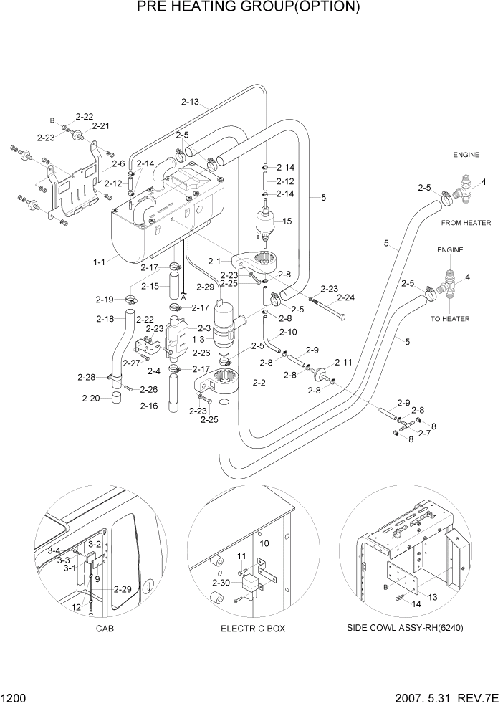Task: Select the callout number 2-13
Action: (190, 102)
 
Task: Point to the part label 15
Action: (287, 222)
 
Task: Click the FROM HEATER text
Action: (466, 223)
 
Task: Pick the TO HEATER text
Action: (450, 318)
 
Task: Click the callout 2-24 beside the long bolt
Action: (346, 297)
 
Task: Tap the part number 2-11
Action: (343, 363)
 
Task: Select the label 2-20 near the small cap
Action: (91, 398)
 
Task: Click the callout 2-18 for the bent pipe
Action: (105, 319)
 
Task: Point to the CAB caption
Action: (104, 629)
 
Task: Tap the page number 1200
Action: (13, 697)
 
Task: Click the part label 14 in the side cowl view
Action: (416, 604)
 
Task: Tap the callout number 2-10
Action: (288, 332)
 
